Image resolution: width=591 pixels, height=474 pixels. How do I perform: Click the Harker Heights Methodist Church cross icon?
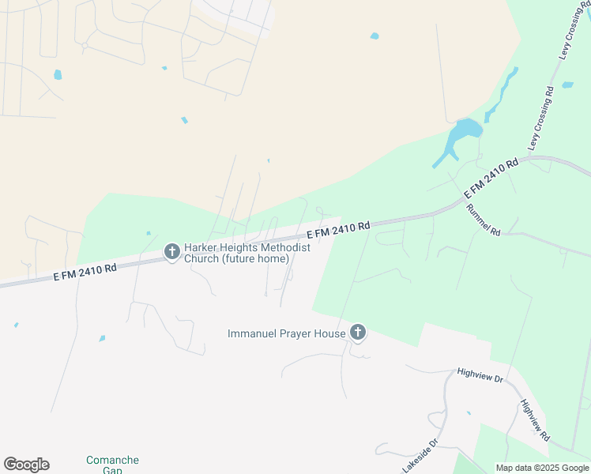coord(171,252)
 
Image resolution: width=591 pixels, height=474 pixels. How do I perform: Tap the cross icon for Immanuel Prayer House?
coord(358,333)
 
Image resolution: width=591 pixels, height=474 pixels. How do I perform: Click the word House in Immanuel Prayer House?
coord(331,333)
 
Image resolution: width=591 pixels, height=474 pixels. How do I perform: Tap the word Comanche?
coord(112,460)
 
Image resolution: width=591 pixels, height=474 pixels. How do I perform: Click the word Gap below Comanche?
coord(112,470)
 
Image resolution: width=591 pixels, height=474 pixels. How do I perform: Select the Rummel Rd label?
coord(484,220)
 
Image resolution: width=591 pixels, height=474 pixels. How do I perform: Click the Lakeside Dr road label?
coord(420,457)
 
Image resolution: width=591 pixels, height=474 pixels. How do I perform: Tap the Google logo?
coord(26,465)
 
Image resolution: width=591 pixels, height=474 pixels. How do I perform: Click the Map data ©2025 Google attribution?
coord(542,468)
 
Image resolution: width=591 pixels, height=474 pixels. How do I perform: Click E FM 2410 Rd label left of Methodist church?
coord(85,272)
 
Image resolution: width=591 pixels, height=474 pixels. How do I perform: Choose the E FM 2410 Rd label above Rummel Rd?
coord(491,179)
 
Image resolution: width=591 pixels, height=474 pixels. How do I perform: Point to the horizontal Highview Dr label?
coord(480,375)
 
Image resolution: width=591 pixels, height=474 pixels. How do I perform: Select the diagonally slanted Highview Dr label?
coord(535,420)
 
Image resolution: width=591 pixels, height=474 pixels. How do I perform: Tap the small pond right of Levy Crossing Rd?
coord(567,85)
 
